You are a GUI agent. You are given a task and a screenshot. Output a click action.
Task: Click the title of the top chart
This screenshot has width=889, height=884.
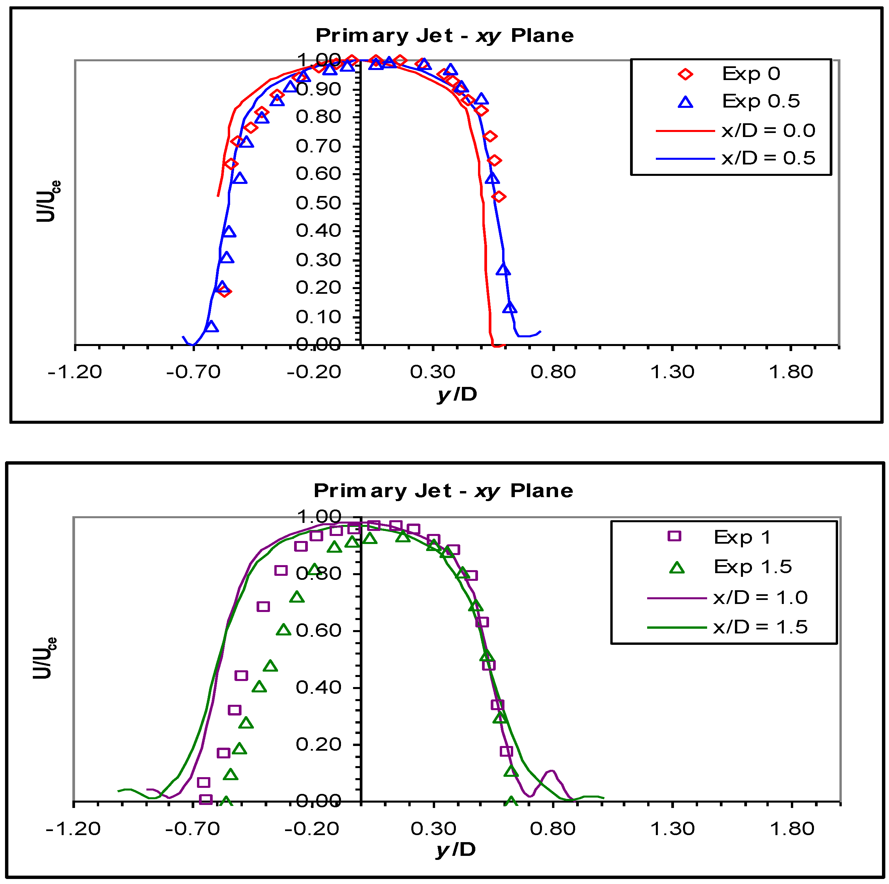445,36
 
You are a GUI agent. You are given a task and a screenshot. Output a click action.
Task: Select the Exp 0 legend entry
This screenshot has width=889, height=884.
751,74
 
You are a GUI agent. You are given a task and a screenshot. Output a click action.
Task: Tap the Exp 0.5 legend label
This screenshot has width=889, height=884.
761,101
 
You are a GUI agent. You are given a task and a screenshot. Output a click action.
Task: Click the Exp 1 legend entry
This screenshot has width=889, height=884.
742,537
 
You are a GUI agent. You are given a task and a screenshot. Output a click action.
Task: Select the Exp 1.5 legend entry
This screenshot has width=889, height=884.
752,566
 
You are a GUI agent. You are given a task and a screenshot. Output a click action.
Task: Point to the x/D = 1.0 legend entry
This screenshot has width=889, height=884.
760,597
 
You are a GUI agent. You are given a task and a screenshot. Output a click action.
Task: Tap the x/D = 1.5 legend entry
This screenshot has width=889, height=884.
760,627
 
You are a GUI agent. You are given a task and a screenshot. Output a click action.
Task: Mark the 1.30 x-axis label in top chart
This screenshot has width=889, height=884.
672,372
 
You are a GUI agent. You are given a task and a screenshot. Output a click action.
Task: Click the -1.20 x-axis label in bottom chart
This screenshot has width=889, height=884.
73,829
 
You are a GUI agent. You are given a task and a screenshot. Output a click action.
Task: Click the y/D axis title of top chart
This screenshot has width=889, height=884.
457,394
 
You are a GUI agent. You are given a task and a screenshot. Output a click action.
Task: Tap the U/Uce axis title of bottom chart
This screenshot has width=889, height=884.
45,658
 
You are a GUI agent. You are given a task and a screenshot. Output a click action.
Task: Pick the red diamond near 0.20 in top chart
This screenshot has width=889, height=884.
224,291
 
